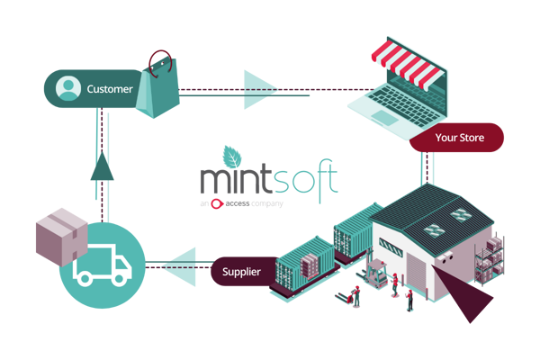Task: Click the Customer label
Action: (109, 89)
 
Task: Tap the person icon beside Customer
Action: (67, 89)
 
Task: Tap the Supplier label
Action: (243, 270)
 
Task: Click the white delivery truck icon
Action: (101, 266)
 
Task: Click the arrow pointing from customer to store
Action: (261, 90)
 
